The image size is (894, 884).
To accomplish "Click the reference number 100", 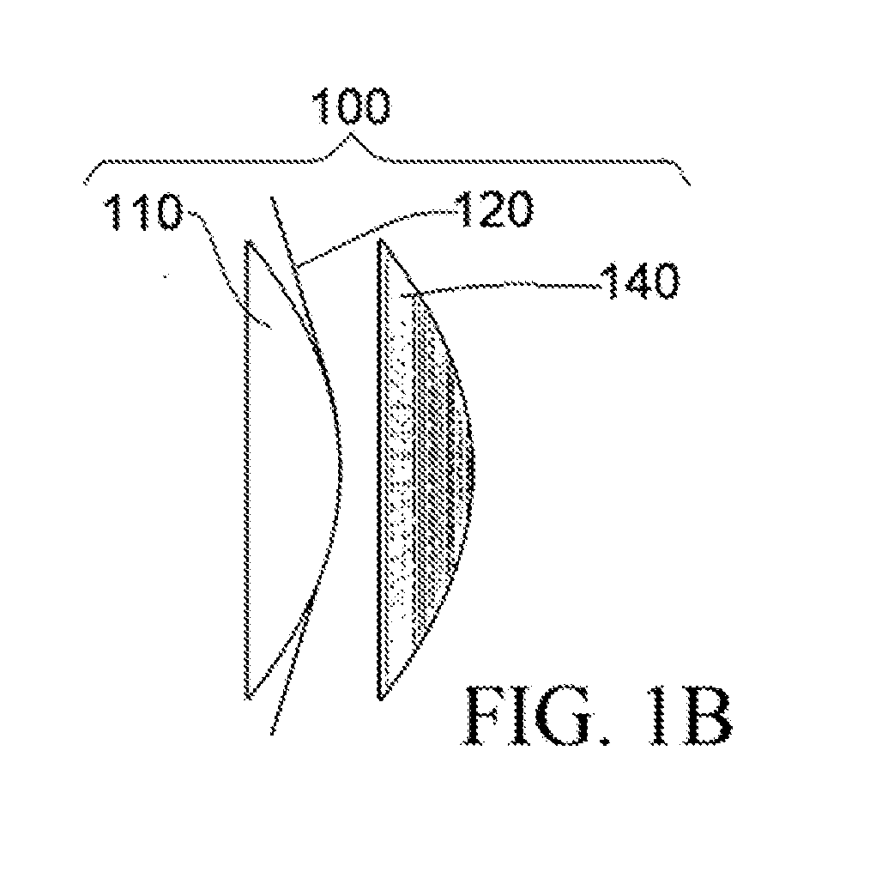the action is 351,106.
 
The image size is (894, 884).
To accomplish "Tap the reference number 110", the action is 145,212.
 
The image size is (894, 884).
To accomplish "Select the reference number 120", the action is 494,209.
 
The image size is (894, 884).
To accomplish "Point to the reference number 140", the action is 642,282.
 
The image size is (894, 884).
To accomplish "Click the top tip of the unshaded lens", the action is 249,241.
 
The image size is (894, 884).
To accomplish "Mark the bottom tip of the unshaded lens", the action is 249,697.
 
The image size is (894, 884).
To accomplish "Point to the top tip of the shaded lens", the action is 380,240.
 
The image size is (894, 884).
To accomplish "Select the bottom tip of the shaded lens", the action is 380,698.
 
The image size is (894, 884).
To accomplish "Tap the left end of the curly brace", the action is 86,183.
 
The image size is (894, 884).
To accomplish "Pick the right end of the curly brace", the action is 690,185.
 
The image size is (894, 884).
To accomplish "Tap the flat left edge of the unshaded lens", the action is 249,469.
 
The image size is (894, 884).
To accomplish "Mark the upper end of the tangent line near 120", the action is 271,198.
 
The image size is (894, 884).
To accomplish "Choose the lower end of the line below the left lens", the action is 271,734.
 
